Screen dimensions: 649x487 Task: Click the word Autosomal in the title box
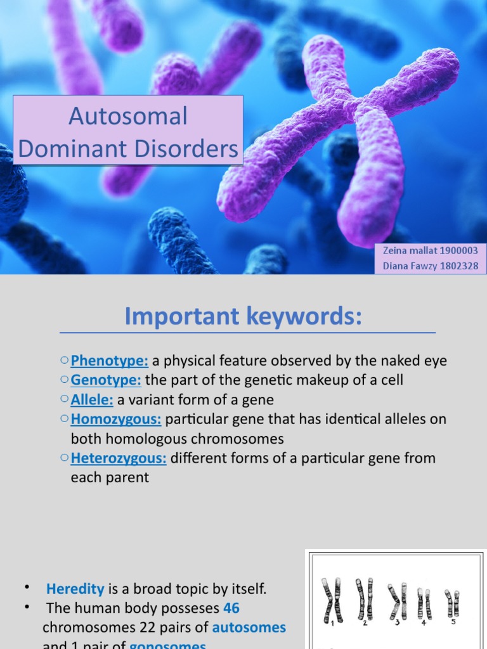128,116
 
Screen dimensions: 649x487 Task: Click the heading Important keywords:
243,316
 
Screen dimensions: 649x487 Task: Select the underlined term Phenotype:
109,361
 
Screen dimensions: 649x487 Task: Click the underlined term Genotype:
106,380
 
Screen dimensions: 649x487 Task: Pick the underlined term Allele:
92,400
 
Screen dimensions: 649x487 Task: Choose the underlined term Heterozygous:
119,458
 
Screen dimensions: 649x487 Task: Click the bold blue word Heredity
75,589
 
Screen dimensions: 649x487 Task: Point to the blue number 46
231,608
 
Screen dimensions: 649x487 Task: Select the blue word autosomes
249,627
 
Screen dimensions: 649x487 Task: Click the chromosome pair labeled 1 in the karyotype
332,600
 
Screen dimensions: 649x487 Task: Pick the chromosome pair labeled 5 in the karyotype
452,603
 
